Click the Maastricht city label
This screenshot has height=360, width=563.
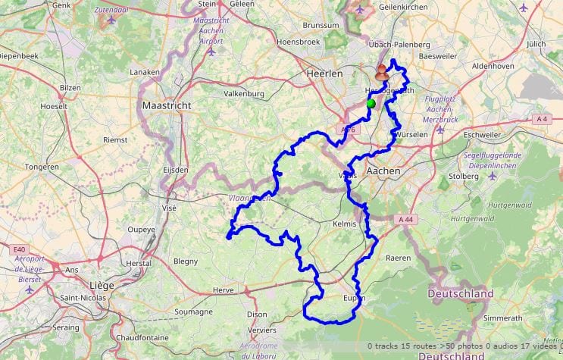pyautogui.click(x=166, y=105)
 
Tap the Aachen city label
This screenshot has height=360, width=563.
pyautogui.click(x=383, y=171)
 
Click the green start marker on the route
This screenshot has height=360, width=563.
pyautogui.click(x=371, y=104)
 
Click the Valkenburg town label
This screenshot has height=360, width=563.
pyautogui.click(x=244, y=94)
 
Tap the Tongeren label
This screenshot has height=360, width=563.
pyautogui.click(x=42, y=166)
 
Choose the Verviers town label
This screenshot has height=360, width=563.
pyautogui.click(x=262, y=330)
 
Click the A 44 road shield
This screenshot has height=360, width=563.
pyautogui.click(x=405, y=218)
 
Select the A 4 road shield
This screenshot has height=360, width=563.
pyautogui.click(x=541, y=119)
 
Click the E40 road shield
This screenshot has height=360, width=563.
pyautogui.click(x=19, y=249)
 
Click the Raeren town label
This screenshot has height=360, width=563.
pyautogui.click(x=398, y=258)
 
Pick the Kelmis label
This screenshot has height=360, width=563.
pyautogui.click(x=344, y=225)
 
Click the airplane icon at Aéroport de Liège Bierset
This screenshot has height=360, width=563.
pyautogui.click(x=30, y=289)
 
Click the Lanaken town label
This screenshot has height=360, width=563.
pyautogui.click(x=145, y=73)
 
